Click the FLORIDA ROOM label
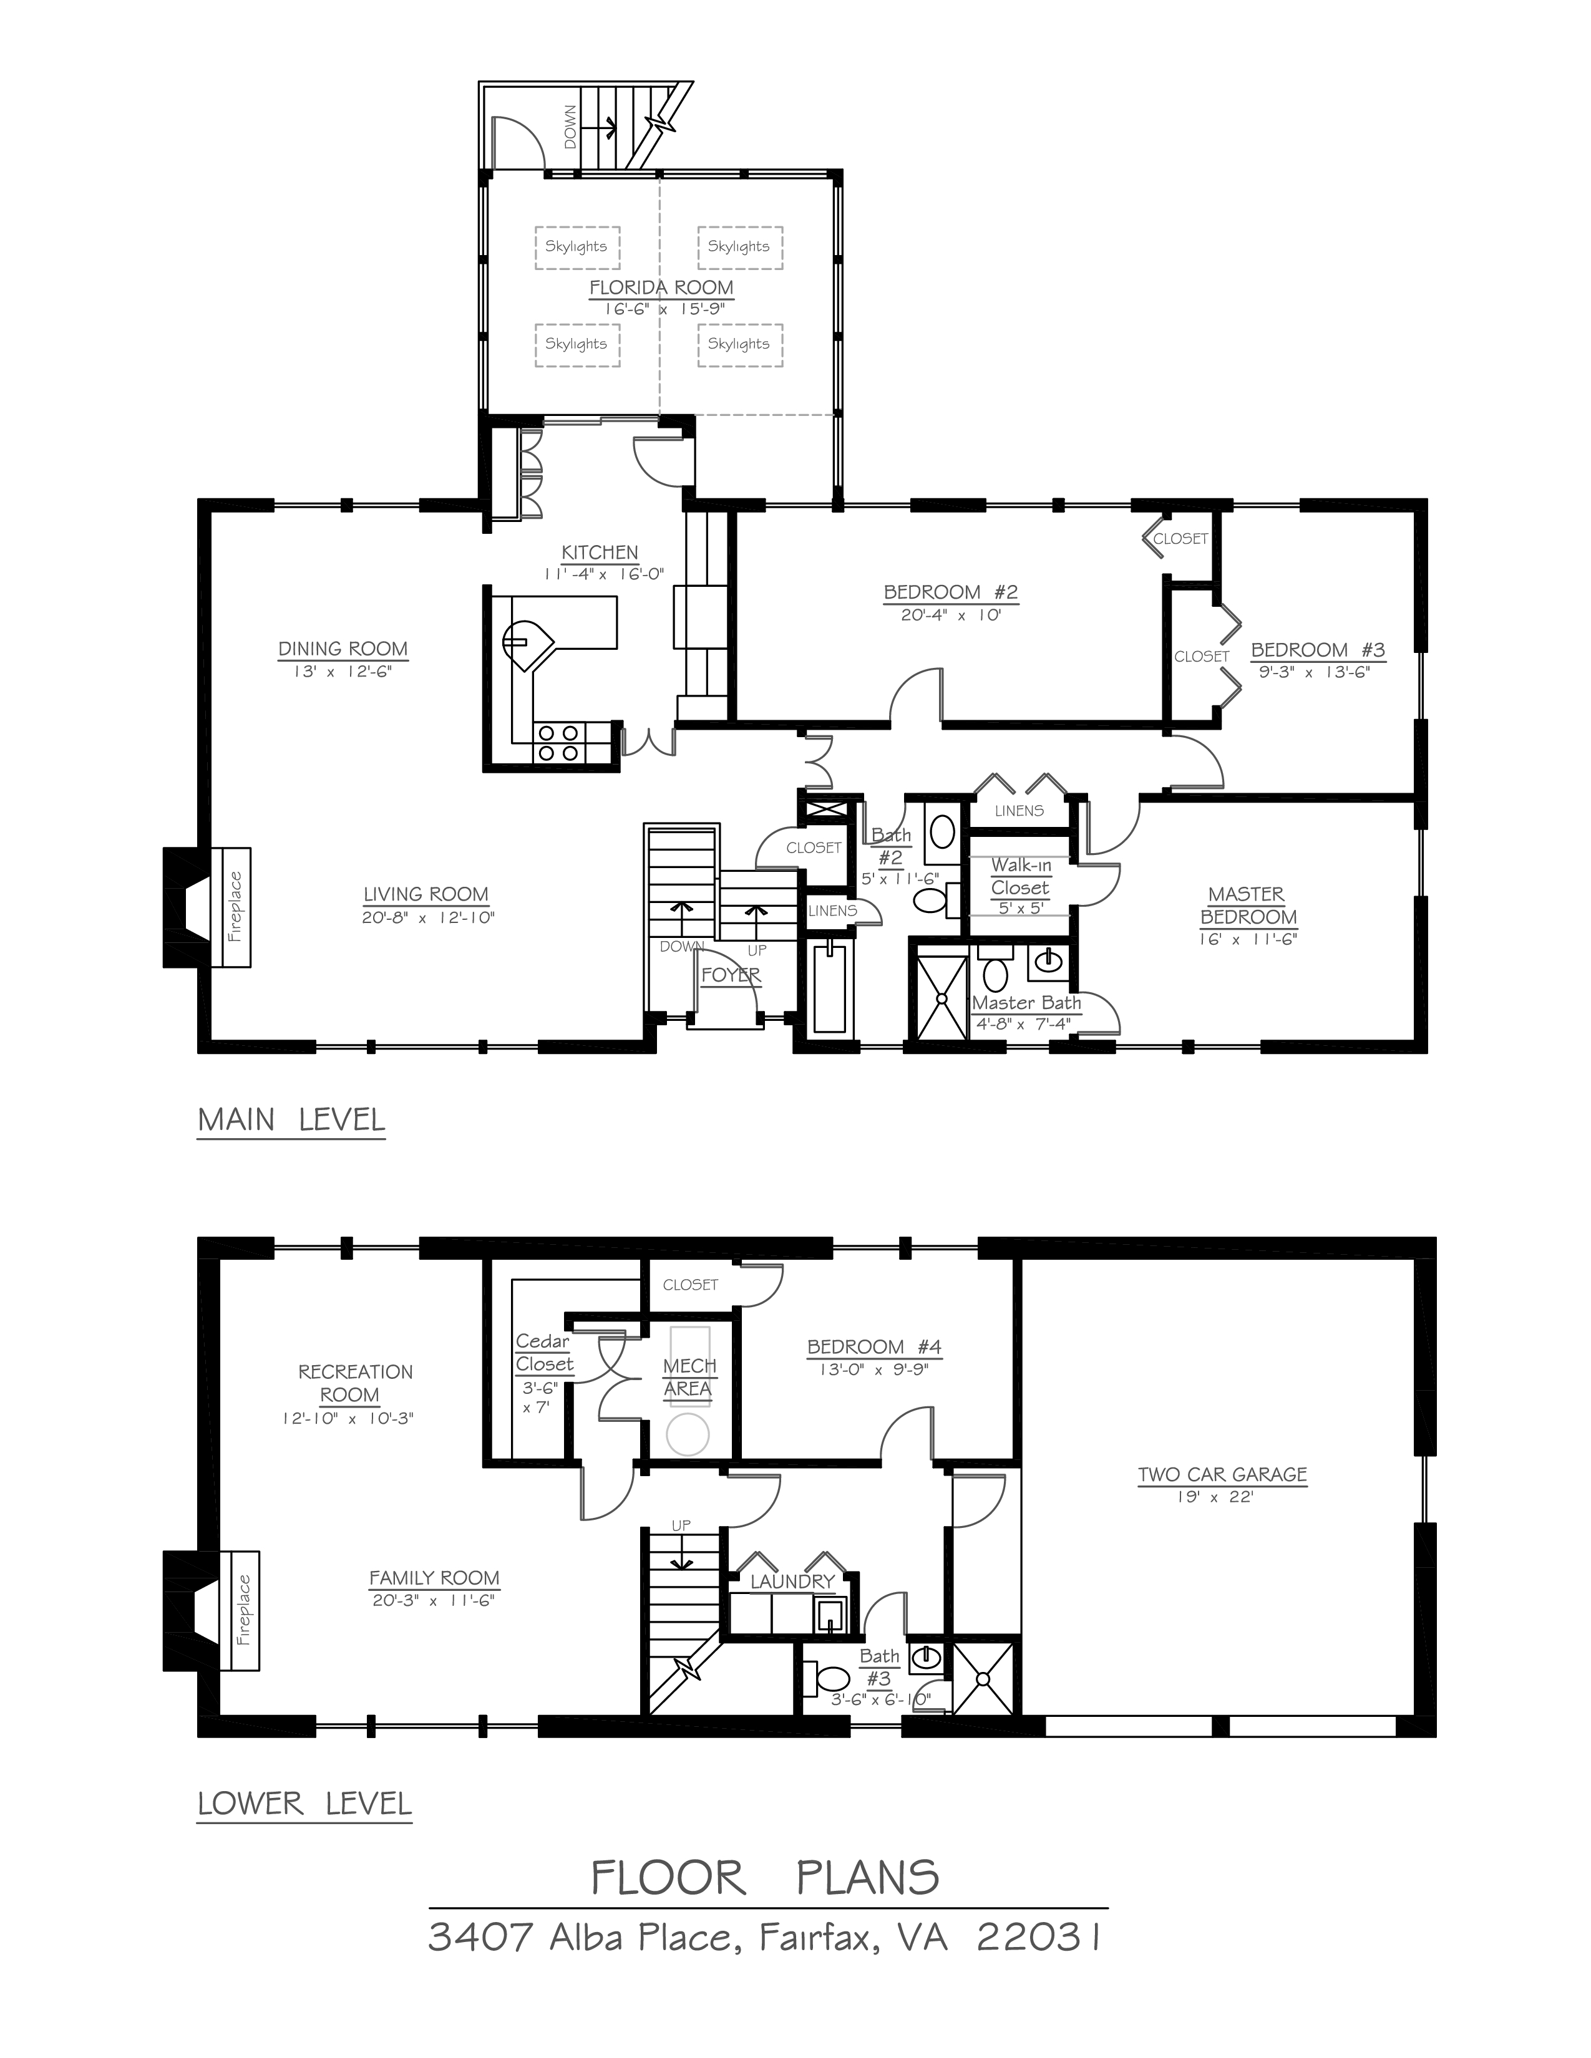661,287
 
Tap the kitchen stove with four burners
557,743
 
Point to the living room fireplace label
235,907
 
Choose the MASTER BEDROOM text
1247,906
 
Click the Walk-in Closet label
1020,876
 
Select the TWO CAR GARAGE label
1222,1475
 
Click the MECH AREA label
689,1377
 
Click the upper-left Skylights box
577,247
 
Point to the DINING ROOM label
343,649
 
